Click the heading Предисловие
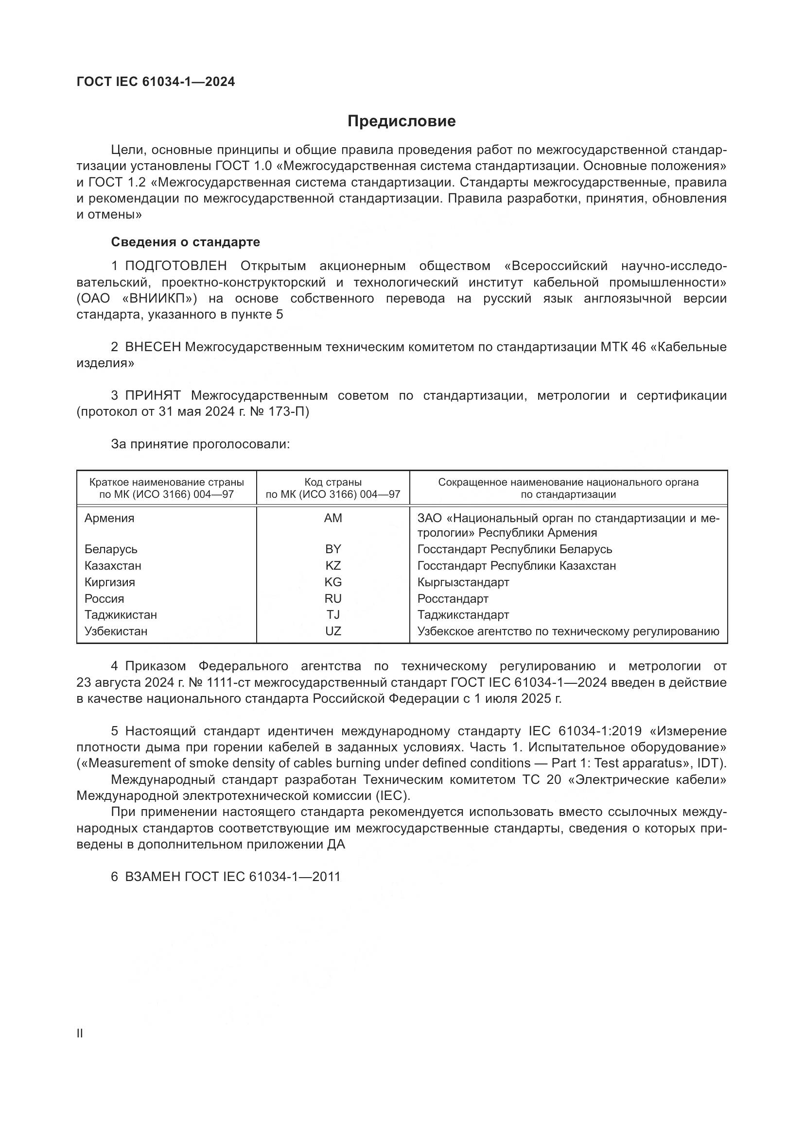click(x=402, y=121)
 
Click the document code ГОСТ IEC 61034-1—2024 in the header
click(x=156, y=82)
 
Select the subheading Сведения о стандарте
click(x=185, y=242)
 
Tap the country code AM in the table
click(x=332, y=518)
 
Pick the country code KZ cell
click(x=332, y=565)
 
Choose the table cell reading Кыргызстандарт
click(x=463, y=582)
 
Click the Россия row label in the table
click(x=104, y=599)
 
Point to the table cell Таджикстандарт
click(x=463, y=615)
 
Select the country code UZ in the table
click(x=332, y=631)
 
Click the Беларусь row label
click(x=111, y=549)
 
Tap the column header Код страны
click(x=332, y=482)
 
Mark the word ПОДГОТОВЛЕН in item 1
click(x=176, y=266)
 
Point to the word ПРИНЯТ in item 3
click(x=153, y=395)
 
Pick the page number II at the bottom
click(x=80, y=1034)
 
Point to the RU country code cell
click(x=332, y=599)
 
